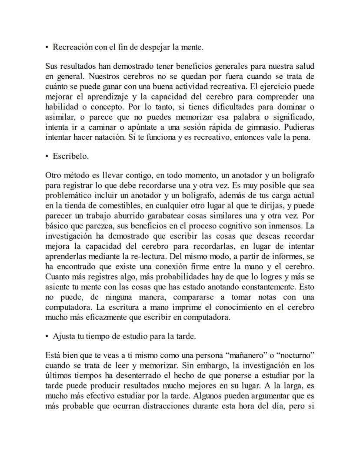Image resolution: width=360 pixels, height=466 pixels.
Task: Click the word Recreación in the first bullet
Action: [72, 47]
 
